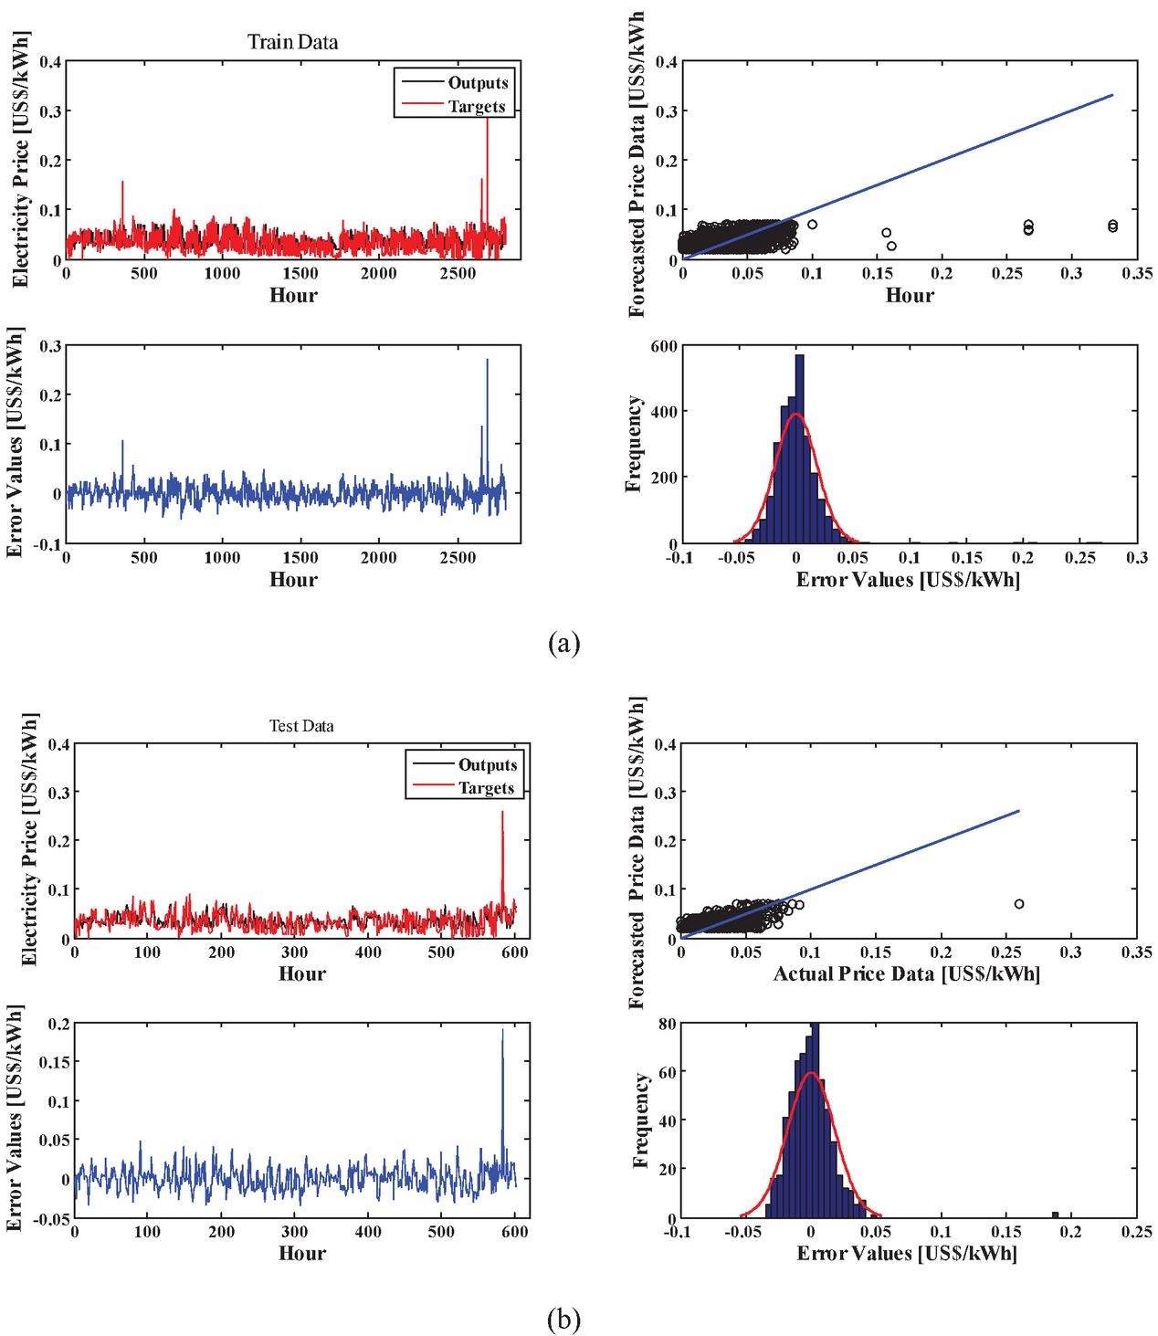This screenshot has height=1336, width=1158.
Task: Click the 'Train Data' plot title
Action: point(292,42)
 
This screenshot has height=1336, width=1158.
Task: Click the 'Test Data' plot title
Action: point(301,727)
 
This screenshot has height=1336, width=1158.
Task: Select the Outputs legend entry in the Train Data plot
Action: point(478,83)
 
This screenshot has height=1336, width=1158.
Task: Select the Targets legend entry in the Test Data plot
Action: point(488,788)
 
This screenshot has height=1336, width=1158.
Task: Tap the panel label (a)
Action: point(563,644)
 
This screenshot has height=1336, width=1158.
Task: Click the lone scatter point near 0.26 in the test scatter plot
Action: point(1019,904)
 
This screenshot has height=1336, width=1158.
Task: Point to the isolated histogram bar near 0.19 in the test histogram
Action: point(1055,1215)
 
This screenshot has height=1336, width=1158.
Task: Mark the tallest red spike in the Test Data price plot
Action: point(502,812)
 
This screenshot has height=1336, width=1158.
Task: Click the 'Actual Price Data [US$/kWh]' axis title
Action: point(906,974)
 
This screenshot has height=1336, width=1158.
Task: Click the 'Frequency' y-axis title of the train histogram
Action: point(636,444)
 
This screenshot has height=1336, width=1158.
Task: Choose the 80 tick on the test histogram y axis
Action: point(667,1024)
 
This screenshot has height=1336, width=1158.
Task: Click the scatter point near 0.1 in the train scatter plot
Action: point(812,225)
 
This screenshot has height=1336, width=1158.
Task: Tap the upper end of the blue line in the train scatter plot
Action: point(1112,94)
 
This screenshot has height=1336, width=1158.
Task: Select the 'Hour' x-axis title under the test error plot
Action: point(301,1253)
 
